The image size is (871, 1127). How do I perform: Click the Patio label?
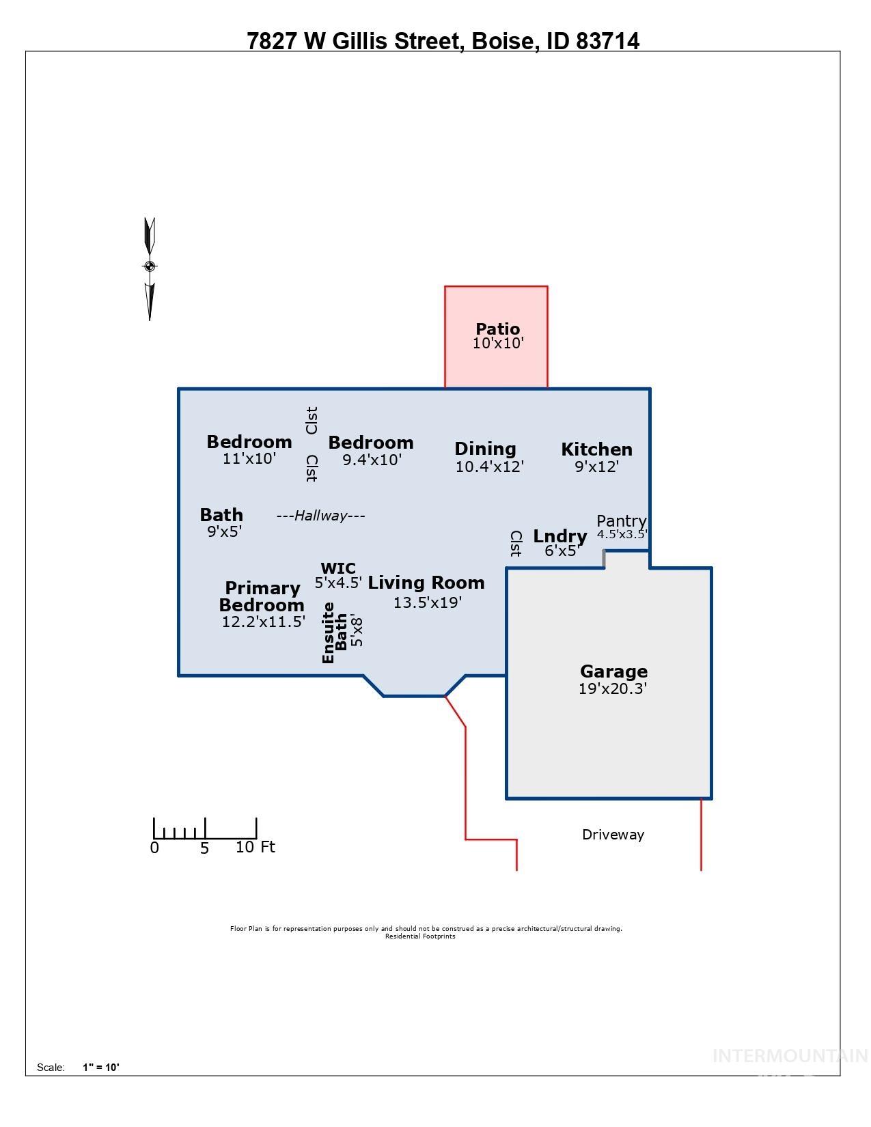coord(497,329)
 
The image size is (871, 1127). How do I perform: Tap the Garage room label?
coord(613,671)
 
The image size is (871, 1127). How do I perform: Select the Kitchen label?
coord(596,449)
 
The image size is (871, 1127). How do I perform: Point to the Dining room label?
coord(485,449)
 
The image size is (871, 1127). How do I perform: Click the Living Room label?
coord(426,583)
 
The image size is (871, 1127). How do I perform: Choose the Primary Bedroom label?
coord(262,596)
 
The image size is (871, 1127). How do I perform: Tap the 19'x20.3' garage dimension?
coord(613,688)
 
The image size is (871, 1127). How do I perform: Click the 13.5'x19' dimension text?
coord(428,602)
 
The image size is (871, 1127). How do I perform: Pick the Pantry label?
coord(621,521)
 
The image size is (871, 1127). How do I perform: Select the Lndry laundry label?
coord(560,536)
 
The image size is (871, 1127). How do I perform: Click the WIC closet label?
coord(338,568)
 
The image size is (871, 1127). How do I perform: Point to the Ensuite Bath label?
coord(335,632)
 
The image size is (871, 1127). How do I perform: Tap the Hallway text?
coord(320,516)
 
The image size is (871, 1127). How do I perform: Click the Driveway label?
coord(613,835)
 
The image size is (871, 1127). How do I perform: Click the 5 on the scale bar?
coord(204,849)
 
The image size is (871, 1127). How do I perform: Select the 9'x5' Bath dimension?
coord(225,531)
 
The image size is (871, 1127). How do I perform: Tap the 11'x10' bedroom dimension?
coord(249,458)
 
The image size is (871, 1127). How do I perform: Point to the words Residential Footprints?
coord(420,936)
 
